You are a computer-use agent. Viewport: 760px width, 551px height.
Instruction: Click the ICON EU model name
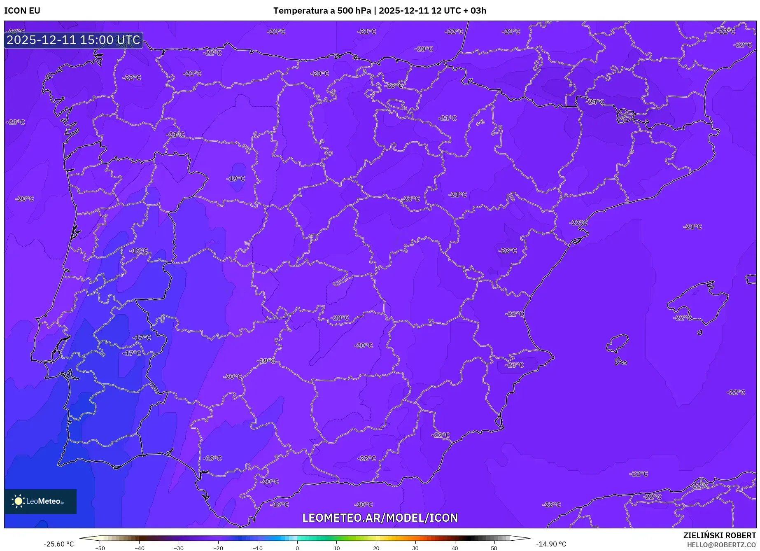tap(22, 11)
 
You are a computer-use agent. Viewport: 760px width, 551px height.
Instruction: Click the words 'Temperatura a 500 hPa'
tap(322, 11)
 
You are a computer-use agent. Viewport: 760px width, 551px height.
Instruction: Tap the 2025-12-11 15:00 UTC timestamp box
tap(73, 40)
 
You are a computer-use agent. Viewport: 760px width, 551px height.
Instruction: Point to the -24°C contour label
tap(595, 102)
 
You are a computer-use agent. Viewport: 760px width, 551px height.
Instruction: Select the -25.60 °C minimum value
tap(58, 544)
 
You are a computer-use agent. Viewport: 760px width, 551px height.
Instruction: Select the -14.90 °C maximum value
tap(551, 544)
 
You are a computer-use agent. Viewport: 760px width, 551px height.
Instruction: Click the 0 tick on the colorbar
tap(297, 548)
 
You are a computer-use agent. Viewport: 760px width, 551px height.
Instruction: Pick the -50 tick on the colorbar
tap(100, 548)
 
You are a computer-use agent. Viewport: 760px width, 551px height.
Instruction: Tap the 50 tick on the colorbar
tap(494, 548)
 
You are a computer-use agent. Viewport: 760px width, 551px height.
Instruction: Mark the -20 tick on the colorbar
tap(218, 548)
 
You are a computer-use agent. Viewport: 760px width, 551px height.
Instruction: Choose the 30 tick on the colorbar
tap(415, 548)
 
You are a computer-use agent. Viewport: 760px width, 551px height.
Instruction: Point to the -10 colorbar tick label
tap(258, 548)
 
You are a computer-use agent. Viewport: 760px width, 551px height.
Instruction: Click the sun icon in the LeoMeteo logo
tap(18, 501)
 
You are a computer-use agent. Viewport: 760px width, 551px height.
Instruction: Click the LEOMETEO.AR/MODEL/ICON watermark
tap(380, 518)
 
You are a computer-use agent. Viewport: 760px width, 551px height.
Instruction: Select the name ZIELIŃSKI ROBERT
tap(719, 535)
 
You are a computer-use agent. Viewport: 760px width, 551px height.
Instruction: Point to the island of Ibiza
tap(618, 343)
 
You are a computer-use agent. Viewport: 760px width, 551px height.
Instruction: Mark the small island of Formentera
tap(620, 362)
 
